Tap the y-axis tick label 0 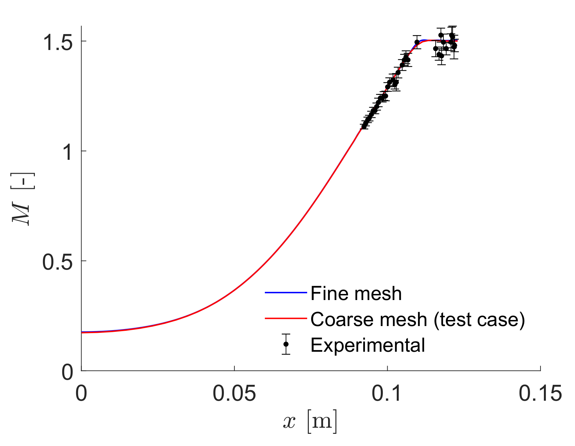coord(68,372)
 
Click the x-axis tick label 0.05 coord(234,394)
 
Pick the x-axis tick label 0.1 coord(387,394)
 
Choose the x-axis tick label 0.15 coord(540,394)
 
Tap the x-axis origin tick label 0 coord(81,394)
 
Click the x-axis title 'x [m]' coord(310,421)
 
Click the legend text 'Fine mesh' coord(356,293)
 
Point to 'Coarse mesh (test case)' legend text coord(417,319)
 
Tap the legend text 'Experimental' coord(367,345)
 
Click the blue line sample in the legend coord(286,293)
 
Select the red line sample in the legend coord(286,318)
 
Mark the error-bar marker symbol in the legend coord(286,344)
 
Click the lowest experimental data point coord(364,127)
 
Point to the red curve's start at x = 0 coord(82,333)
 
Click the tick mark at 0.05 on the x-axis coord(234,368)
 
